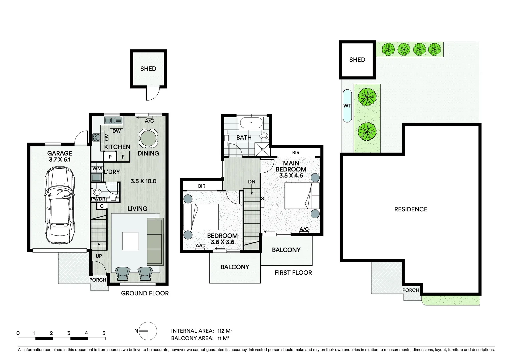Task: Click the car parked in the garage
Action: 59,205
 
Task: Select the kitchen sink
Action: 113,120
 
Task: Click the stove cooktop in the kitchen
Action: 96,137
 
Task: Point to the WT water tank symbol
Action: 347,106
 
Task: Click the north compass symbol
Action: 148,331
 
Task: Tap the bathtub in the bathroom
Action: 251,123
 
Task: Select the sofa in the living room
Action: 155,242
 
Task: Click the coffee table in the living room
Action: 130,241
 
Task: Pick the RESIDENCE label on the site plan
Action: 410,209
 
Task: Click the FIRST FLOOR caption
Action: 293,273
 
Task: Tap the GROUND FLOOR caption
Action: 145,293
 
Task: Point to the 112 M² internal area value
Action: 225,331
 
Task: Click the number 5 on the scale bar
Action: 104,333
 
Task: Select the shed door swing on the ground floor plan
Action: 152,94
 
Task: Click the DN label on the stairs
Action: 251,182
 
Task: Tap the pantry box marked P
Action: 110,157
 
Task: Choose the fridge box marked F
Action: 123,157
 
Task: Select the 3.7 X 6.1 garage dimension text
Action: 59,160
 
